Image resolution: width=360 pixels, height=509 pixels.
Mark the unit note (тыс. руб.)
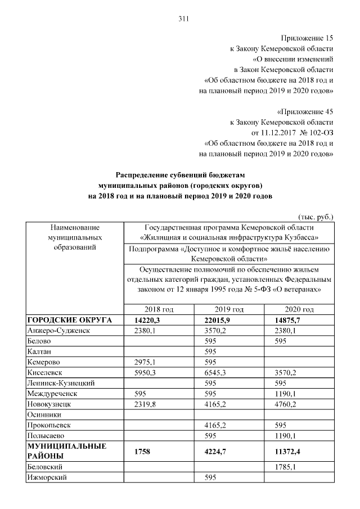click(316, 216)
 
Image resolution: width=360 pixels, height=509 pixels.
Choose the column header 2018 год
click(159, 309)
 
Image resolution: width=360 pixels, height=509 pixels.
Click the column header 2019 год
click(229, 309)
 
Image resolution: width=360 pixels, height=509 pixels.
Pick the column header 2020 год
click(299, 309)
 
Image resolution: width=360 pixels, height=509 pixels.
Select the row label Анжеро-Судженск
click(60, 331)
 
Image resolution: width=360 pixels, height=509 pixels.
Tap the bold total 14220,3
click(146, 320)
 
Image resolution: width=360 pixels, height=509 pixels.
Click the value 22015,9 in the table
click(215, 320)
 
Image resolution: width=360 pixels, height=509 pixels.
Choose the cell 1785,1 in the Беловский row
click(282, 467)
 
